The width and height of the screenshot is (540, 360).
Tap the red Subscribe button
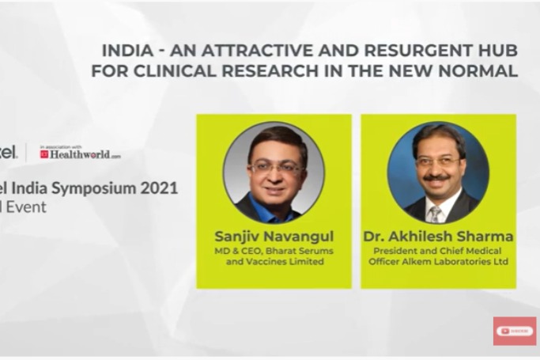515,331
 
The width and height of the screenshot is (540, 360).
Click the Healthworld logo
81,154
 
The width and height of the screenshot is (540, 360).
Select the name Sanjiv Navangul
274,236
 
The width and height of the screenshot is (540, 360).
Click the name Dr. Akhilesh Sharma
438,236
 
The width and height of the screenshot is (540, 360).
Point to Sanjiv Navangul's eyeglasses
274,167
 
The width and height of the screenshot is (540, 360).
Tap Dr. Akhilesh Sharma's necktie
435,214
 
